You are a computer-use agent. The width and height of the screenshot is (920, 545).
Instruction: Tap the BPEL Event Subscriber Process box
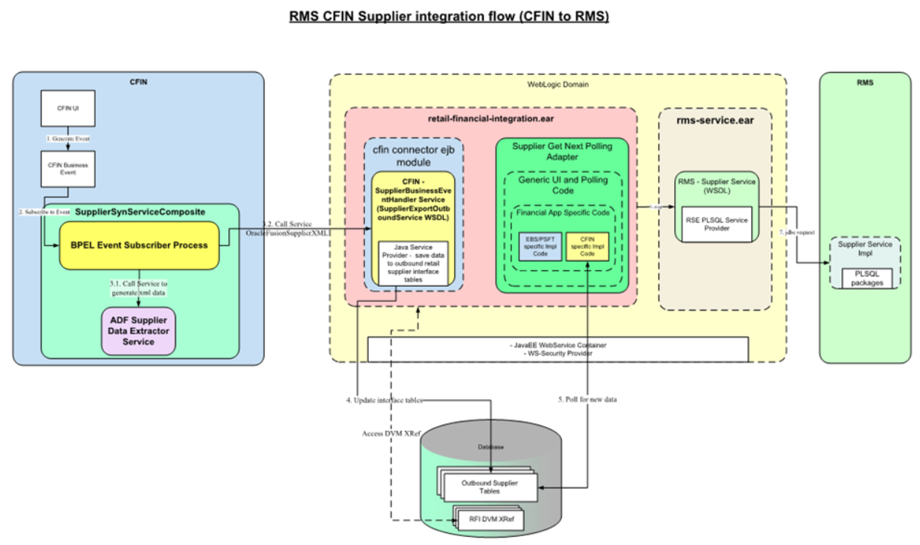[139, 245]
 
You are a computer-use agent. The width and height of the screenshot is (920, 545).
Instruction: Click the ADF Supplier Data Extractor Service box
[138, 330]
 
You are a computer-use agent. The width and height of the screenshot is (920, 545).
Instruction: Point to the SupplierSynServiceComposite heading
[140, 212]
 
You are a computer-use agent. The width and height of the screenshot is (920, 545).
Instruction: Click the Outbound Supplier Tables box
[489, 487]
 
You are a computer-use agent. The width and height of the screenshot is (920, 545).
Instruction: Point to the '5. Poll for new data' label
[587, 399]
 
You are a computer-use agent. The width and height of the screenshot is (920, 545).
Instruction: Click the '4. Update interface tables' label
[384, 400]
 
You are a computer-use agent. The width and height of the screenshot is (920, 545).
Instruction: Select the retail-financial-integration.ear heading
[490, 119]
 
